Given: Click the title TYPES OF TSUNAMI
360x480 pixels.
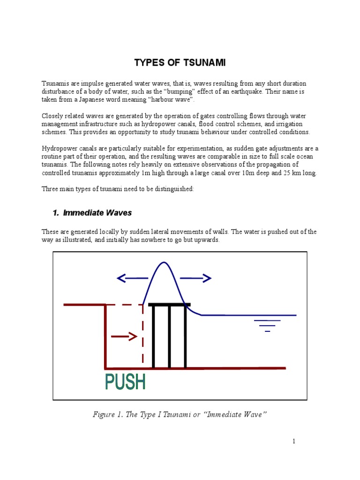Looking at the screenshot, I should (x=180, y=63).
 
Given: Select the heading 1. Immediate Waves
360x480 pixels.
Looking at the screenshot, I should (x=92, y=213).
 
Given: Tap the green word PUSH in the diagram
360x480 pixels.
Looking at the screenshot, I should (x=125, y=382).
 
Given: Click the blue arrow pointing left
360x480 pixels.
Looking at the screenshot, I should (x=132, y=278).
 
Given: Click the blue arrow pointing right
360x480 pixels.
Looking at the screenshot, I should (x=195, y=278).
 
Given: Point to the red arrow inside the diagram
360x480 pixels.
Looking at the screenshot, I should (x=123, y=336).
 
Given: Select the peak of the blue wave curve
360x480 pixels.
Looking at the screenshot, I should (x=163, y=263).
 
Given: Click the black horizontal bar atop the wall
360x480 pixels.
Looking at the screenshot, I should (x=169, y=305).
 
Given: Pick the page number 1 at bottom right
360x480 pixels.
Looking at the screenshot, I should (x=294, y=441).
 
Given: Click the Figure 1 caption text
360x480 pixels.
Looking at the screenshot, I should (x=180, y=414).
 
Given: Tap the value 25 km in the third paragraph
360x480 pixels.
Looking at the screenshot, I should (x=295, y=172).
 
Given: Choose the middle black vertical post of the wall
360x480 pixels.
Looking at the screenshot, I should (x=169, y=337).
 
